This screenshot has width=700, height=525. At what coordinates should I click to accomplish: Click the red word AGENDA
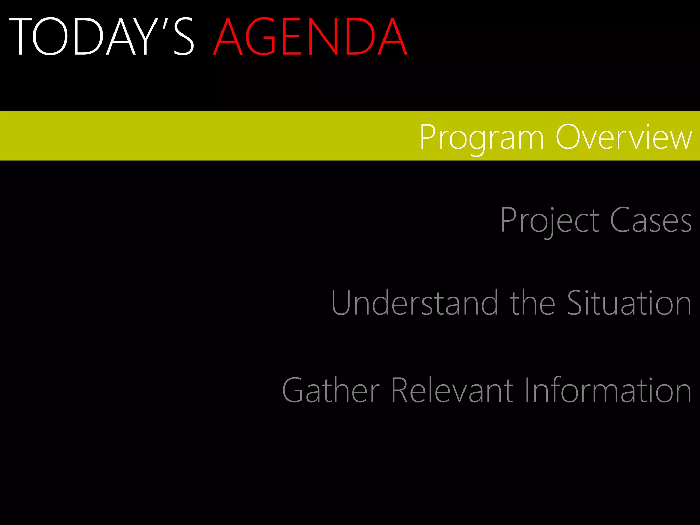coord(310,37)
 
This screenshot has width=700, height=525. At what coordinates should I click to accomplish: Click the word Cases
coord(651,220)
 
